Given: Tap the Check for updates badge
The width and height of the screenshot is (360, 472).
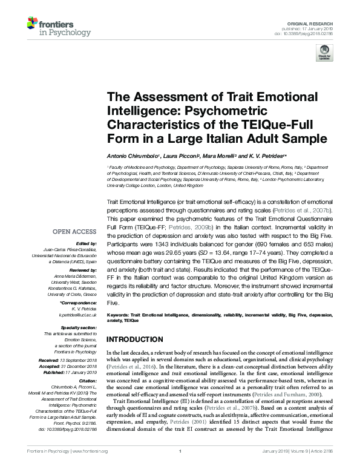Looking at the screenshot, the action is coord(324,53).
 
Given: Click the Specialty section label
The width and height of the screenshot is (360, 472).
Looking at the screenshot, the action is coord(79,327).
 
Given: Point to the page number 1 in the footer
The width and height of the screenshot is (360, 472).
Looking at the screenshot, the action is coord(180,468).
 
